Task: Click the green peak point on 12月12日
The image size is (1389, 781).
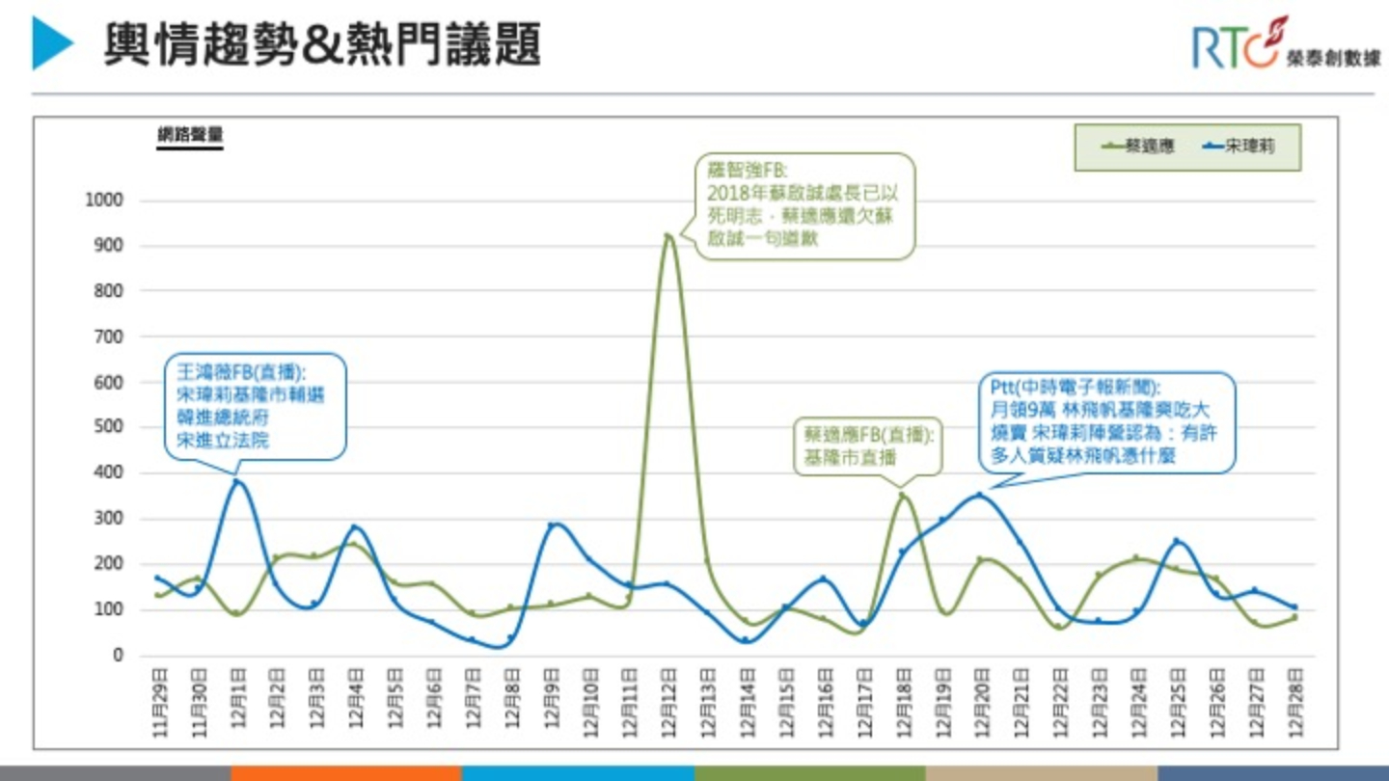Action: [667, 235]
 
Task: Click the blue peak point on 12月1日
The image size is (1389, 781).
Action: [237, 482]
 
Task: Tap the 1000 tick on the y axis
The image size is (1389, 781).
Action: [105, 201]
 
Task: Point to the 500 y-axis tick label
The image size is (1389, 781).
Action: [109, 427]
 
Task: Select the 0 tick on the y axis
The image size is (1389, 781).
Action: [118, 656]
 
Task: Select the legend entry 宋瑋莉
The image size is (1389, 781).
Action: [1239, 148]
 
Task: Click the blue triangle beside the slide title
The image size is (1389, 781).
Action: [52, 43]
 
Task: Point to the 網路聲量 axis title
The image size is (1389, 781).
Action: [190, 136]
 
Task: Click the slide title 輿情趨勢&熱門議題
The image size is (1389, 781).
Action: [322, 44]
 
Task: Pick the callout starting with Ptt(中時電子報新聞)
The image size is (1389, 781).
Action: [1105, 422]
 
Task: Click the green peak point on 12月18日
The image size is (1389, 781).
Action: [903, 496]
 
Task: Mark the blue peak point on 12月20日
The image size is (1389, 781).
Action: [980, 495]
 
